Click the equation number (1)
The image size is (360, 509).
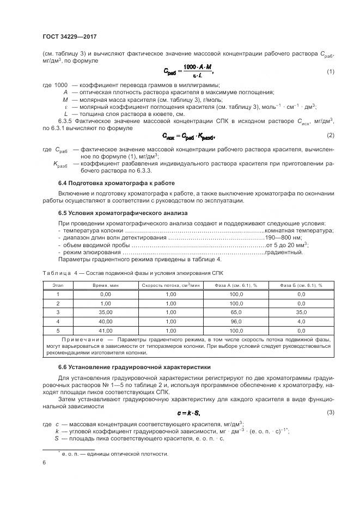click(330, 71)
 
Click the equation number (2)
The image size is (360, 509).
click(330, 135)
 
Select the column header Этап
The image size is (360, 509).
click(58, 285)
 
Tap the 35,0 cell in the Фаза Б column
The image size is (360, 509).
click(301, 312)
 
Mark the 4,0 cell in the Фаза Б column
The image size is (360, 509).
click(301, 321)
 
